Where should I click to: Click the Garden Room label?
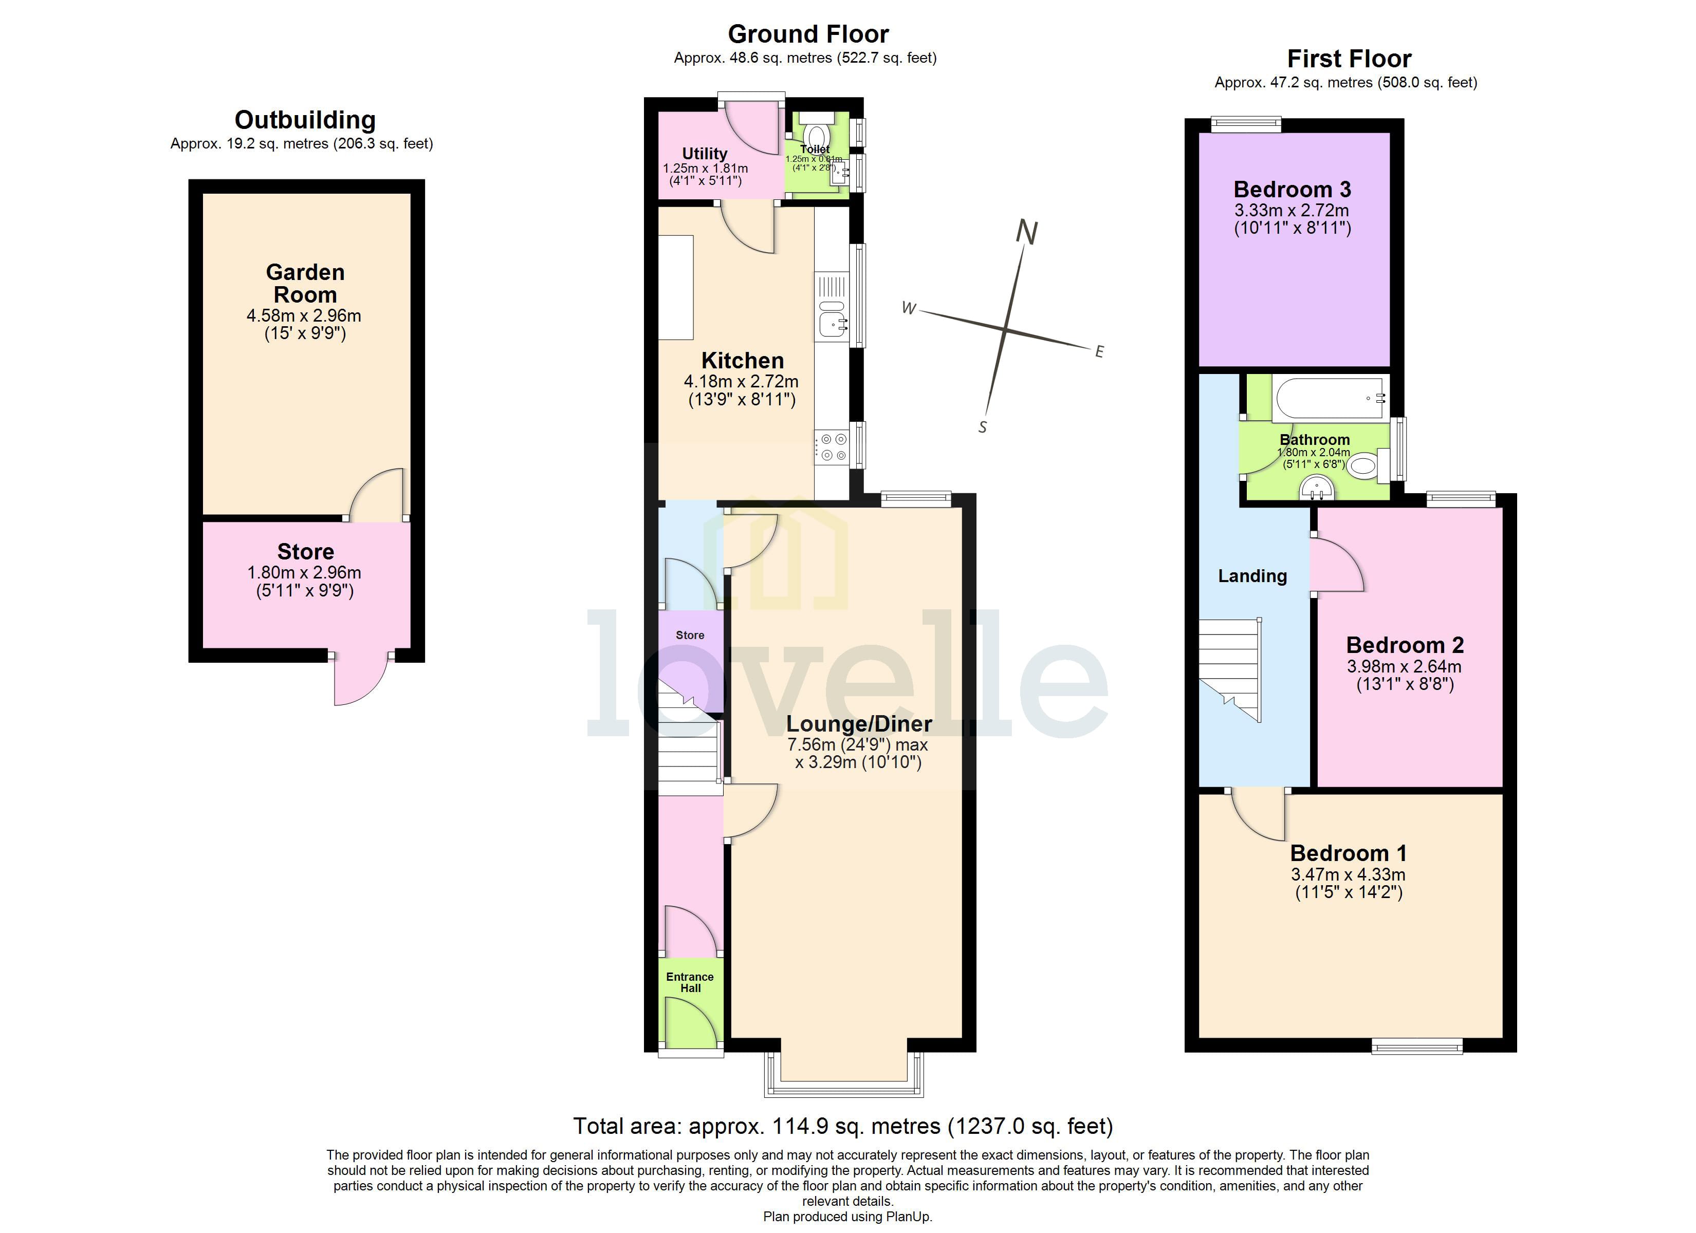tap(305, 284)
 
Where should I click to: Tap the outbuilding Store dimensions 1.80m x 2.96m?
tap(304, 573)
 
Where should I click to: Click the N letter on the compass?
tap(1027, 233)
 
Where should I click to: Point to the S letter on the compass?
tap(983, 427)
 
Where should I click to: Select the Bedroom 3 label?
tap(1292, 189)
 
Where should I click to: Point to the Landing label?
tap(1252, 576)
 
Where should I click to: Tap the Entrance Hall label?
tap(690, 982)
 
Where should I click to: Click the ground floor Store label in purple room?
tap(690, 635)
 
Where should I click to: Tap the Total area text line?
tap(843, 1126)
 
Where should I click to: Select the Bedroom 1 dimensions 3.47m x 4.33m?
tap(1348, 874)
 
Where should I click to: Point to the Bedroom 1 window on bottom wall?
tap(1416, 1047)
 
